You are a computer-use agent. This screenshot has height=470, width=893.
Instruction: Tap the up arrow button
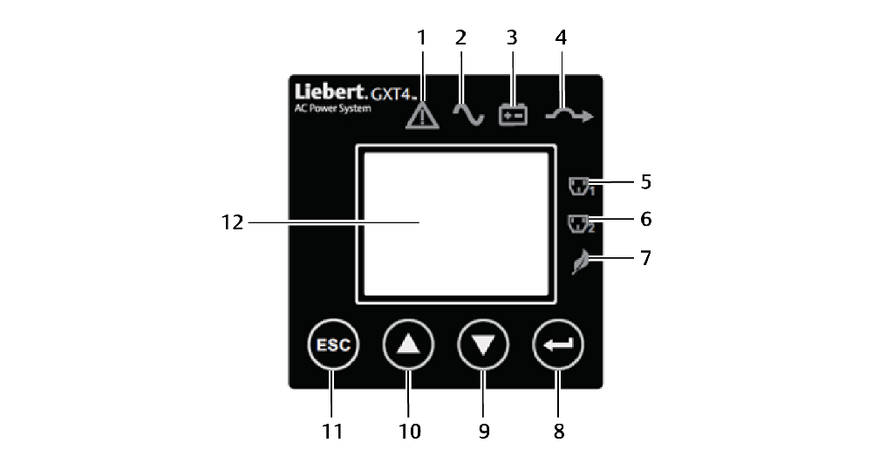408,344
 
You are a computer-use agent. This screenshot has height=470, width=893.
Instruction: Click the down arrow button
483,344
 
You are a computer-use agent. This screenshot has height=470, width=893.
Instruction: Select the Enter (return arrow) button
558,344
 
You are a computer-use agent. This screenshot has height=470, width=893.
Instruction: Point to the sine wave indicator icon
467,114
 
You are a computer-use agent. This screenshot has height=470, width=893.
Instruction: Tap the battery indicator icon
513,115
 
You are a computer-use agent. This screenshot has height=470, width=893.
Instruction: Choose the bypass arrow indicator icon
568,115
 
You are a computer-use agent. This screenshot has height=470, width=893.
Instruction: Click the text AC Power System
331,109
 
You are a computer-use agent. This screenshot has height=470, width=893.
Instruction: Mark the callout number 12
231,222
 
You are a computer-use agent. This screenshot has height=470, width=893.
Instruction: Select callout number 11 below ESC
331,431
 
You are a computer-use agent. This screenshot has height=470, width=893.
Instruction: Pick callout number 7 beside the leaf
645,258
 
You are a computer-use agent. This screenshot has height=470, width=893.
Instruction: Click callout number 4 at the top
561,37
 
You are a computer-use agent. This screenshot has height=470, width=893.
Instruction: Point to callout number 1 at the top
423,37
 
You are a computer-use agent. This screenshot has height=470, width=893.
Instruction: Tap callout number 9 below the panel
484,431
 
